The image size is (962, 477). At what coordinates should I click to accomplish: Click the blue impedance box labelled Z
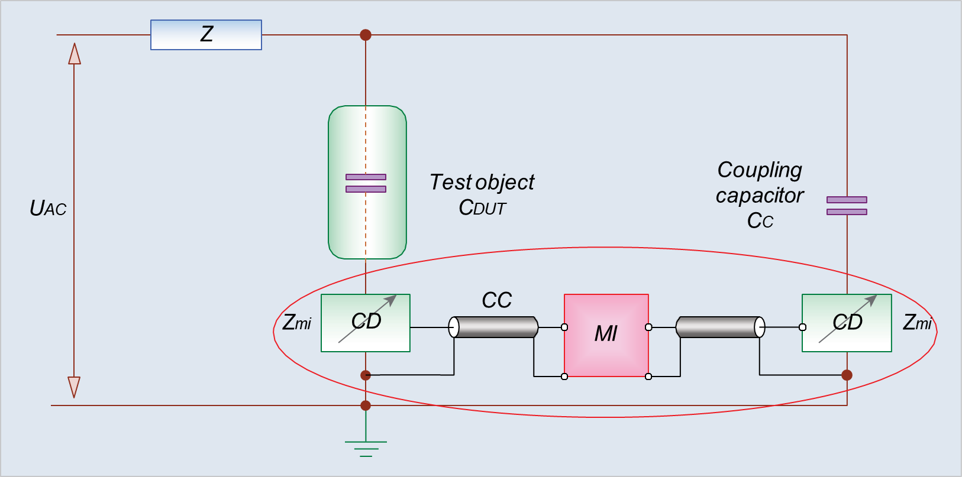pyautogui.click(x=206, y=35)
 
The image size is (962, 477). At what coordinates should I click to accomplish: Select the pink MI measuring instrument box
pyautogui.click(x=606, y=335)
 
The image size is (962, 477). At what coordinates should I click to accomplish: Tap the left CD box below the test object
pyautogui.click(x=366, y=323)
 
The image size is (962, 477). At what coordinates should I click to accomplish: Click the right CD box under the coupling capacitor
pyautogui.click(x=847, y=323)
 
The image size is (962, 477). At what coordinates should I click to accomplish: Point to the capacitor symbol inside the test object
pyautogui.click(x=366, y=183)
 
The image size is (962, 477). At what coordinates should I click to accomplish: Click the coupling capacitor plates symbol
pyautogui.click(x=847, y=206)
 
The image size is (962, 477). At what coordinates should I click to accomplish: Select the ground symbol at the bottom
pyautogui.click(x=366, y=449)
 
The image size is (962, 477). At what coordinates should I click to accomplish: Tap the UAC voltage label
pyautogui.click(x=48, y=208)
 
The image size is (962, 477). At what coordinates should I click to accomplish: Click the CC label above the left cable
pyautogui.click(x=496, y=300)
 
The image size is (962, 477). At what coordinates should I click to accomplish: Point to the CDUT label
pyautogui.click(x=482, y=207)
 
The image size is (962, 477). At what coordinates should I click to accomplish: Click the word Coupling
pyautogui.click(x=760, y=170)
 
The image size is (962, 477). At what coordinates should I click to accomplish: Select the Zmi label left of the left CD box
pyautogui.click(x=297, y=322)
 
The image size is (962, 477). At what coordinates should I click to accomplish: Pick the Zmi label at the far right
pyautogui.click(x=917, y=322)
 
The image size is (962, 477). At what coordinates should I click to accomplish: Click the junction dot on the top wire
pyautogui.click(x=366, y=35)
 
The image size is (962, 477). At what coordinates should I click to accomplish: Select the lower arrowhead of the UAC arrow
pyautogui.click(x=74, y=387)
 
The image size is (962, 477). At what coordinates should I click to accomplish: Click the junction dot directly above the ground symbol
pyautogui.click(x=366, y=405)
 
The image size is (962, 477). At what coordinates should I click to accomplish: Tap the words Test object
pyautogui.click(x=482, y=182)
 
